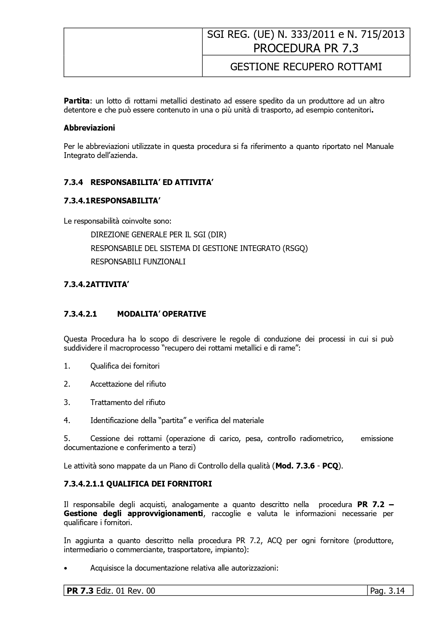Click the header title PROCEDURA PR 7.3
tap(306, 48)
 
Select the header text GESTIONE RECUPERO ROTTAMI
tap(306, 67)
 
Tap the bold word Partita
tap(76, 101)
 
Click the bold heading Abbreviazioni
tap(89, 128)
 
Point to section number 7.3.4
tap(73, 183)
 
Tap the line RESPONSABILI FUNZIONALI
tap(138, 261)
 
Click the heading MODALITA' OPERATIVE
tap(161, 314)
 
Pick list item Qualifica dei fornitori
tap(125, 366)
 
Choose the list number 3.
tap(67, 402)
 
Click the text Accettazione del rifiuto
tap(128, 384)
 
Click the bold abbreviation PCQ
tap(330, 466)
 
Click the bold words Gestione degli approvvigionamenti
tap(133, 513)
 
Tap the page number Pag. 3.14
tap(390, 591)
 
